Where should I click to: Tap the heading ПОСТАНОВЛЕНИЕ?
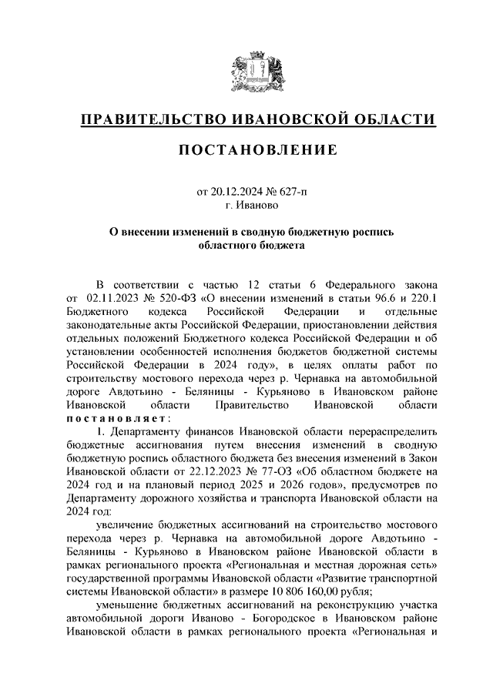point(258,150)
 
